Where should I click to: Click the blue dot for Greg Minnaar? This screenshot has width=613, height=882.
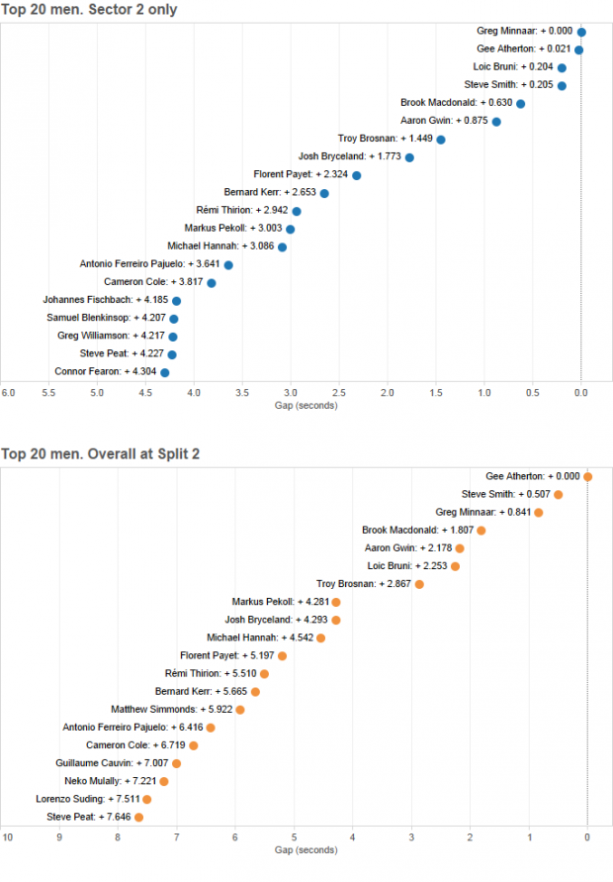581,32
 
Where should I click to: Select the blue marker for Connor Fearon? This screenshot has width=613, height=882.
165,372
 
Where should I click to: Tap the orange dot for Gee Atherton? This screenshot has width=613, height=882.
587,476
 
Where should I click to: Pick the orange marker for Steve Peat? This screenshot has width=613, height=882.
139,817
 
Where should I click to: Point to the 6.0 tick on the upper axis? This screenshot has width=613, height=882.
7,393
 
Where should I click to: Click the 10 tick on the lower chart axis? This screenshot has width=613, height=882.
7,837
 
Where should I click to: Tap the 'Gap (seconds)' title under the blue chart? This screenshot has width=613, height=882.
306,406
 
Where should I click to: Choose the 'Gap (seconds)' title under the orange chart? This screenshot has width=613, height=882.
306,850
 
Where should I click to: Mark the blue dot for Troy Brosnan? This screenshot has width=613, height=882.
441,140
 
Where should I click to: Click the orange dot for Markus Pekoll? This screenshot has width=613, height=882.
336,602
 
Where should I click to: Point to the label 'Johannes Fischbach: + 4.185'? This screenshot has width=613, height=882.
105,300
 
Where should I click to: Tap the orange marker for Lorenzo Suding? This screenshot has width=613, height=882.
147,799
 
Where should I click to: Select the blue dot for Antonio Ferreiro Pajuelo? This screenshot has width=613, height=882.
228,264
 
